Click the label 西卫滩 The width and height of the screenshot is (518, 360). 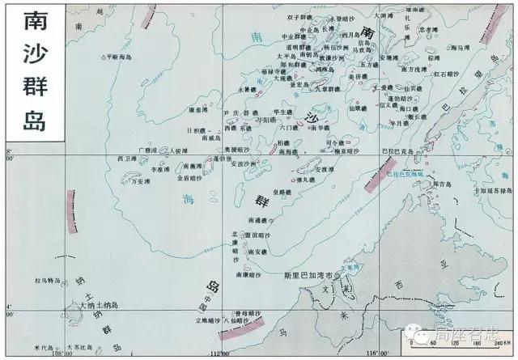click(127, 158)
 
